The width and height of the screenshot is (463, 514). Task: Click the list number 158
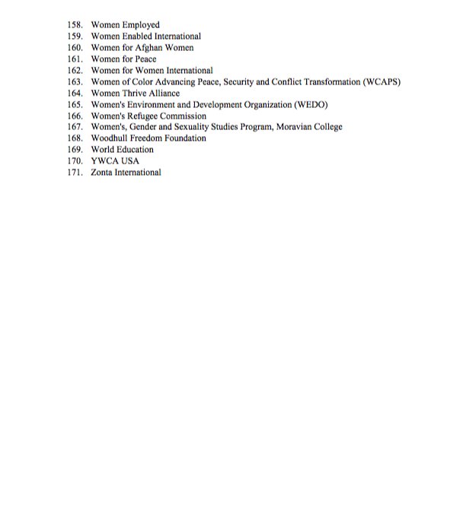74,25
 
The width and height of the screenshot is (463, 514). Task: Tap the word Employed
141,25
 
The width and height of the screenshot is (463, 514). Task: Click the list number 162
74,70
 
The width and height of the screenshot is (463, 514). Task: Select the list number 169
74,150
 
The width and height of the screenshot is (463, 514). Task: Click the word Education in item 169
135,150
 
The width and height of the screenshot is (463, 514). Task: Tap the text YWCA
105,161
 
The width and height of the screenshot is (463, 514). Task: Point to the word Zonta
103,173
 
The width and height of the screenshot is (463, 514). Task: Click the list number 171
74,173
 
